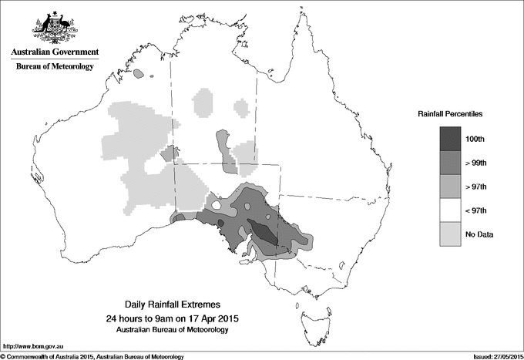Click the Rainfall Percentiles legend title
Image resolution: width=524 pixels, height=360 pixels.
pos(450,113)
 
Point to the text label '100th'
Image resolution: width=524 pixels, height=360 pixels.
pos(487,139)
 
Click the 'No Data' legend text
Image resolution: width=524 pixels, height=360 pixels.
pos(489,234)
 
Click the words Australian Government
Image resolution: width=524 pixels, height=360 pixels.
pos(54,53)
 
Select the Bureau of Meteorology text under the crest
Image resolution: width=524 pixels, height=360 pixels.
pos(54,67)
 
